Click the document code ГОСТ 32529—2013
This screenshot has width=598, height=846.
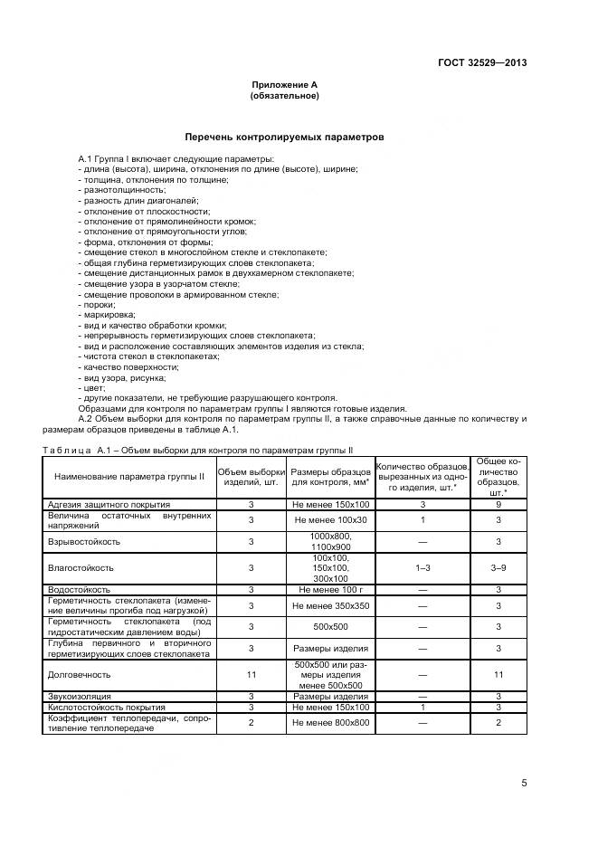(x=483, y=63)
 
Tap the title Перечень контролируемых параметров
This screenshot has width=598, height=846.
(x=285, y=138)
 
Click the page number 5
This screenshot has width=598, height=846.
(x=524, y=784)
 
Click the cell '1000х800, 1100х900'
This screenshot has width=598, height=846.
(x=330, y=541)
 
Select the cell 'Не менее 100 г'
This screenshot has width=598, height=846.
(x=330, y=588)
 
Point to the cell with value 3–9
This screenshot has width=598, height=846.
(x=498, y=567)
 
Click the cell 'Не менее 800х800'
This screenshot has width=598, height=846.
(x=330, y=723)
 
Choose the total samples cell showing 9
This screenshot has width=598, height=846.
(x=498, y=504)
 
